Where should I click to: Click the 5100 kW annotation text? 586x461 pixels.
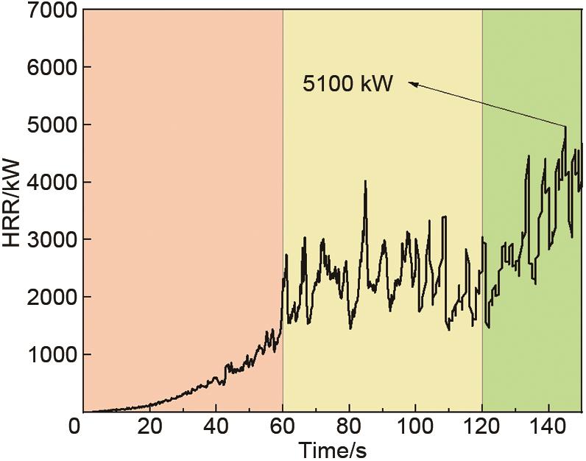point(349,84)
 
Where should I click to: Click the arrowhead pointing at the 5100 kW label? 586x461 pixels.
point(414,85)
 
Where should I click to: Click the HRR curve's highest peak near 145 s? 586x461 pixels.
point(565,127)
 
